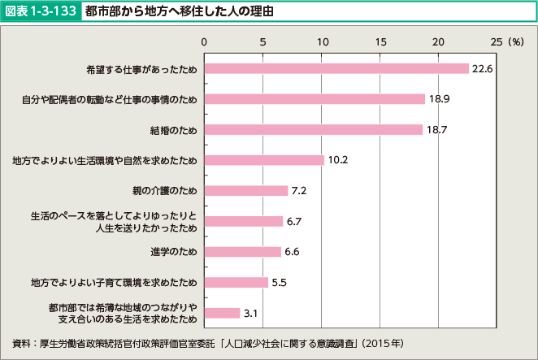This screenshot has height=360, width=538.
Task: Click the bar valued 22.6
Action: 336,68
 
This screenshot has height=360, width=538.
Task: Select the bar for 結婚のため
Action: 313,129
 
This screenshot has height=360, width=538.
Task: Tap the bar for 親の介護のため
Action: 245,191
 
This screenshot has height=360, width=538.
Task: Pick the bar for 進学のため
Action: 242,252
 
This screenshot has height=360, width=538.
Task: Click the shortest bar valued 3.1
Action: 222,313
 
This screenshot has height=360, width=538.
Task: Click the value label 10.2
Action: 338,160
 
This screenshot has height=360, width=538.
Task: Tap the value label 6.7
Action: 295,221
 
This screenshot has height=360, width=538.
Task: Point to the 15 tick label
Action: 380,41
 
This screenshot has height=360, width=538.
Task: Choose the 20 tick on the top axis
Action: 439,41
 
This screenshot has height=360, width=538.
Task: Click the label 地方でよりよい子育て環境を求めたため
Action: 114,283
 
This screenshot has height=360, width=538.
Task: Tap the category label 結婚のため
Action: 173,130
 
